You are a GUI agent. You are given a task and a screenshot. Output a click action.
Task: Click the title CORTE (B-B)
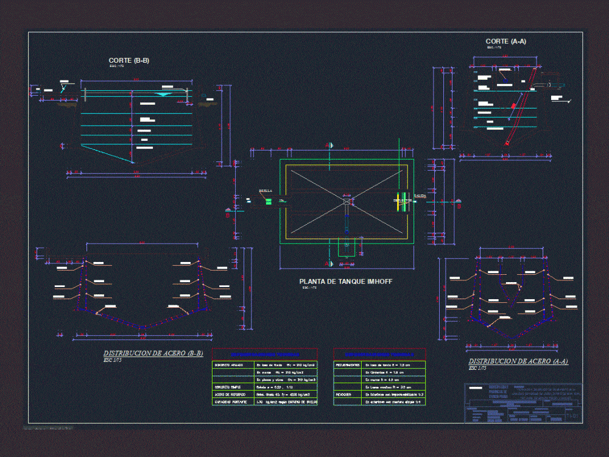[128, 60]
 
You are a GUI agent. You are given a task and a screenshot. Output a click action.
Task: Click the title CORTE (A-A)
[505, 41]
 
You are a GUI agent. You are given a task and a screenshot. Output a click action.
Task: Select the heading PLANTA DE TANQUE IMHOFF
[345, 282]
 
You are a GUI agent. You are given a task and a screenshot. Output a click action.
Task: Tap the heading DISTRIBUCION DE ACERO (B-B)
[153, 353]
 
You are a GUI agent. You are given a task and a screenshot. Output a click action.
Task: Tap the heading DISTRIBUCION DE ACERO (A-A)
[518, 361]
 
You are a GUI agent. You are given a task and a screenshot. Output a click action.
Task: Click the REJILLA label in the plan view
[266, 191]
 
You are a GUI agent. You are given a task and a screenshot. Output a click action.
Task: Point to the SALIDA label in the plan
[420, 196]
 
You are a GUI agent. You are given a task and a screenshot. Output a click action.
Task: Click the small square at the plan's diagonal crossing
[346, 201]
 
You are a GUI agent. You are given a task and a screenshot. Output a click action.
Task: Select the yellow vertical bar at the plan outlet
[399, 203]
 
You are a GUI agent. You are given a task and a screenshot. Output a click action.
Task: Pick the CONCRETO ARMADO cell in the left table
[229, 365]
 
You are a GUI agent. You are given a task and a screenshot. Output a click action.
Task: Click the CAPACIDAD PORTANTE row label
[230, 402]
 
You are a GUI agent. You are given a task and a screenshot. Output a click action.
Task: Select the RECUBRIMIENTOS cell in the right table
[348, 365]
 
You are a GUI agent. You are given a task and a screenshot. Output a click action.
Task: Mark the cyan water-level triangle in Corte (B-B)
[163, 94]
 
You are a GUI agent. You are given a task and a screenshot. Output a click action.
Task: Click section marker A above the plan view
[329, 145]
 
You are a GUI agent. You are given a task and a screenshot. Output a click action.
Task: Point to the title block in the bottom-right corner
[523, 403]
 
